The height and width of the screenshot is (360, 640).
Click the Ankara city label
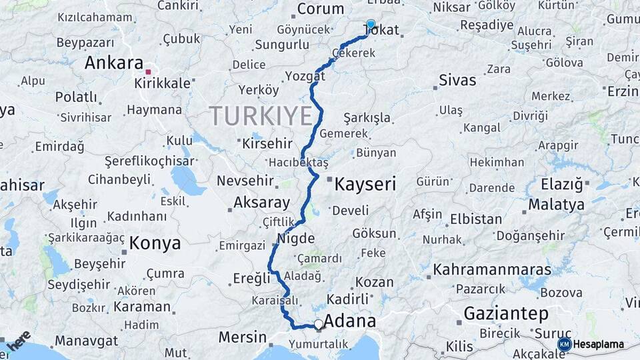[x=113, y=63]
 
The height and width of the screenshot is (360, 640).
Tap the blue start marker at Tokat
[x=371, y=24]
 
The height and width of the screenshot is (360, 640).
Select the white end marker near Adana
[x=319, y=325]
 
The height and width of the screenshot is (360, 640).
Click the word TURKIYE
[x=261, y=117]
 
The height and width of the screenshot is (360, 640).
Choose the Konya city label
[x=155, y=243]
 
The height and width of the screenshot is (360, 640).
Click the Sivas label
[x=457, y=81]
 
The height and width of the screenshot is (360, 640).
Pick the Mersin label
[x=243, y=337]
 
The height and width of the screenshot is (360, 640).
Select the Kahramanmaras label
[x=492, y=270]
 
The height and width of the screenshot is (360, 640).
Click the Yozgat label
[x=305, y=76]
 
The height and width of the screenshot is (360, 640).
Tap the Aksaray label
[x=262, y=203]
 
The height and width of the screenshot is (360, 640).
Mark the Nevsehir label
[x=246, y=181]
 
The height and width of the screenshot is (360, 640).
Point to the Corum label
[x=320, y=9]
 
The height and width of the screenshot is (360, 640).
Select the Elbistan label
[x=476, y=219]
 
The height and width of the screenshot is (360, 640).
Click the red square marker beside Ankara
[x=149, y=70]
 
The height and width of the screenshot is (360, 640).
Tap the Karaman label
[x=142, y=307]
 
